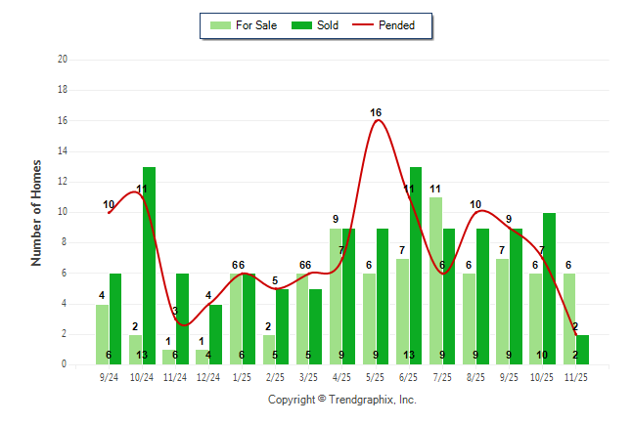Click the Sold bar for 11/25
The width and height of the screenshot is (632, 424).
[x=582, y=349]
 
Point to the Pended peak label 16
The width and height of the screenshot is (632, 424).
[x=376, y=112]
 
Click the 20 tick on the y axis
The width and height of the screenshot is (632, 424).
[x=63, y=59]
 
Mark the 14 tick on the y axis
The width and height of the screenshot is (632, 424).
[x=63, y=150]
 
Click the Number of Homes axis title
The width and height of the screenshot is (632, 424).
[x=37, y=212]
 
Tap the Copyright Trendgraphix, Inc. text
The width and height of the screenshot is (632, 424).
[x=341, y=400]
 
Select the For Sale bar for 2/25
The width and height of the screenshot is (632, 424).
[x=269, y=349]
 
